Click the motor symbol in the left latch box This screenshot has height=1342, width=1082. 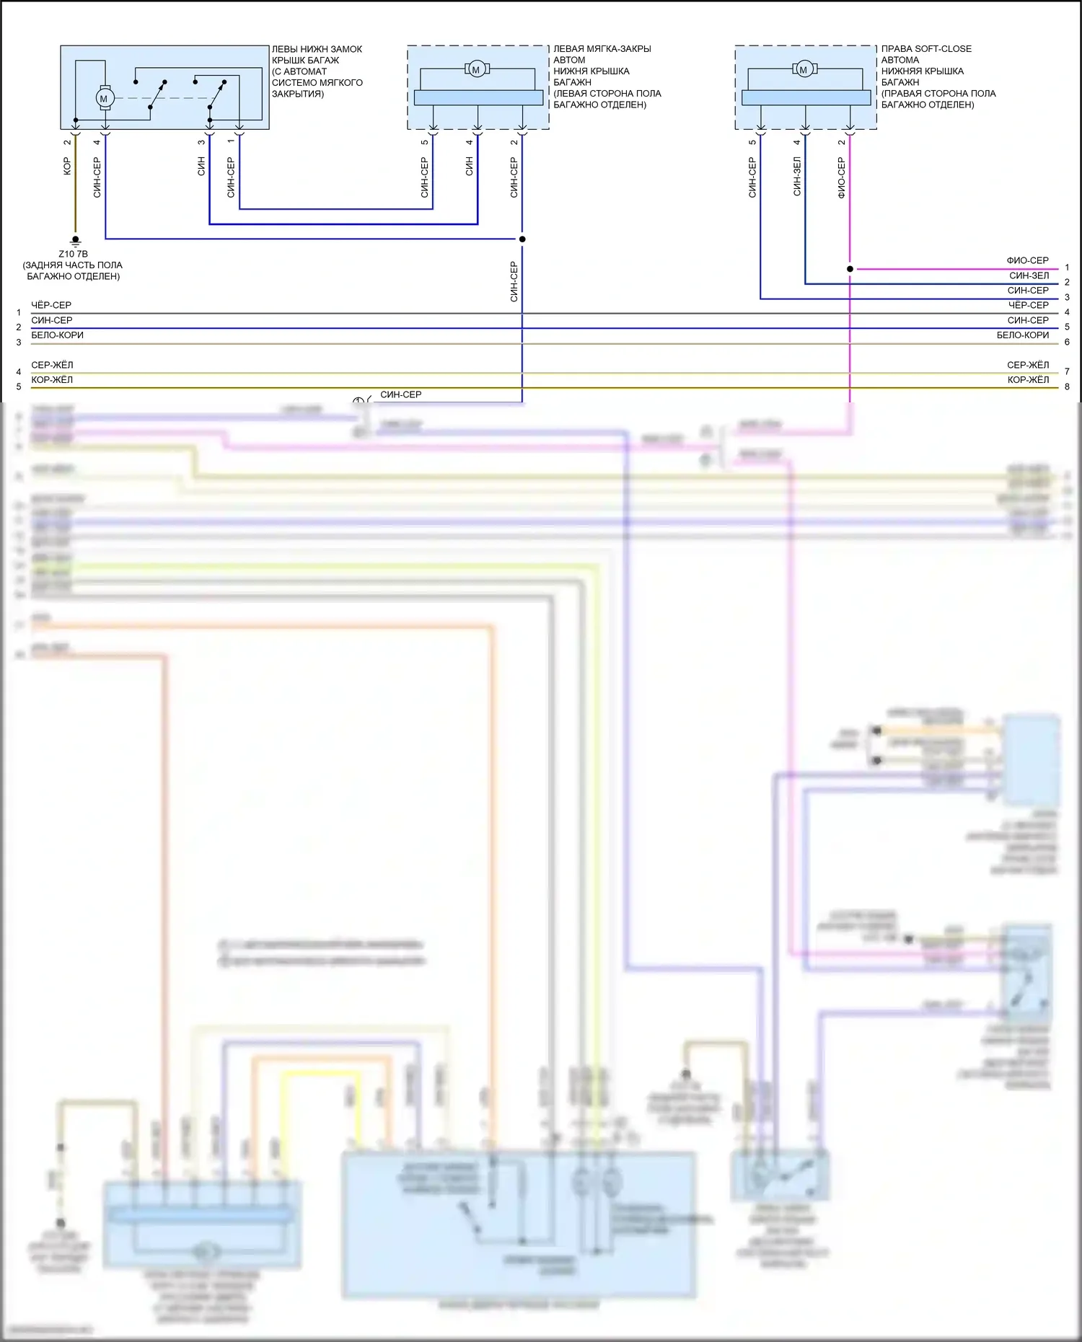point(104,98)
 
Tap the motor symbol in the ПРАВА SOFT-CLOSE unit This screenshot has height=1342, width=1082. point(804,69)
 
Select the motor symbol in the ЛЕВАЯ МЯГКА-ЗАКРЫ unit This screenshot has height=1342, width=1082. point(476,69)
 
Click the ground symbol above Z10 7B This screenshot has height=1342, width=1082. point(75,240)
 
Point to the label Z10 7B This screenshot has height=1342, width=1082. point(73,254)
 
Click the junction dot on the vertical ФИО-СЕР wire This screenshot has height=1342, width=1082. point(850,269)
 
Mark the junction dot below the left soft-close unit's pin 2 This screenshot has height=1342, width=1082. point(522,239)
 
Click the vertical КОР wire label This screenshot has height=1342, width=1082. point(67,167)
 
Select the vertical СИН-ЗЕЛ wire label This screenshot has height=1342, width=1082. point(797,177)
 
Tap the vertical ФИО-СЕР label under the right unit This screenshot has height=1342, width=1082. point(841,178)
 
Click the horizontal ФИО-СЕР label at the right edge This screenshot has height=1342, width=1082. point(1027,260)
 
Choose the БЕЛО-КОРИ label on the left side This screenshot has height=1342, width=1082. point(57,335)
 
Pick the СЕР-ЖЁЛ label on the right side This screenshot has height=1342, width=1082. point(1028,365)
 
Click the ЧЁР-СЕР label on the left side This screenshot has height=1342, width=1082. point(51,305)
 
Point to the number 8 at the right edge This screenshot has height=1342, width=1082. point(1067,387)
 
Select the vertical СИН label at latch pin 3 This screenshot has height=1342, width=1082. point(201,167)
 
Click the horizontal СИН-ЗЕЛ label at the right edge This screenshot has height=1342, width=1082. point(1029,275)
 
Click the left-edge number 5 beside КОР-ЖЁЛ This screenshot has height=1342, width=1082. point(19,387)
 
